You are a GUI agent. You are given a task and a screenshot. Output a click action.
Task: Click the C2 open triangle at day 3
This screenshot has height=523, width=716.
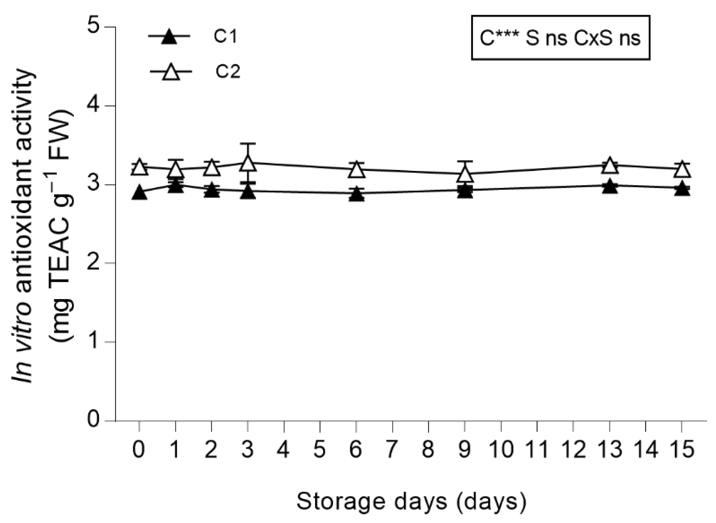[x=248, y=163]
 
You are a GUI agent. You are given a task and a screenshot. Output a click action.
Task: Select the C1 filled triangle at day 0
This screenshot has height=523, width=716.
[x=139, y=193]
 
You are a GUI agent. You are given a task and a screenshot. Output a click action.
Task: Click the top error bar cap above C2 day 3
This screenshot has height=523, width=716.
[x=248, y=144]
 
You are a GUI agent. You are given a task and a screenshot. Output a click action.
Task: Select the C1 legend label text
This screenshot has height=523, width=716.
[x=226, y=36]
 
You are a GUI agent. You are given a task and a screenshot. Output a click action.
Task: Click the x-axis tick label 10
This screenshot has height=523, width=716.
[x=501, y=449]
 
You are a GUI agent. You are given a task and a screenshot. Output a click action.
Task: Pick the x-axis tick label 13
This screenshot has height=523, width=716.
[x=610, y=449]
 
